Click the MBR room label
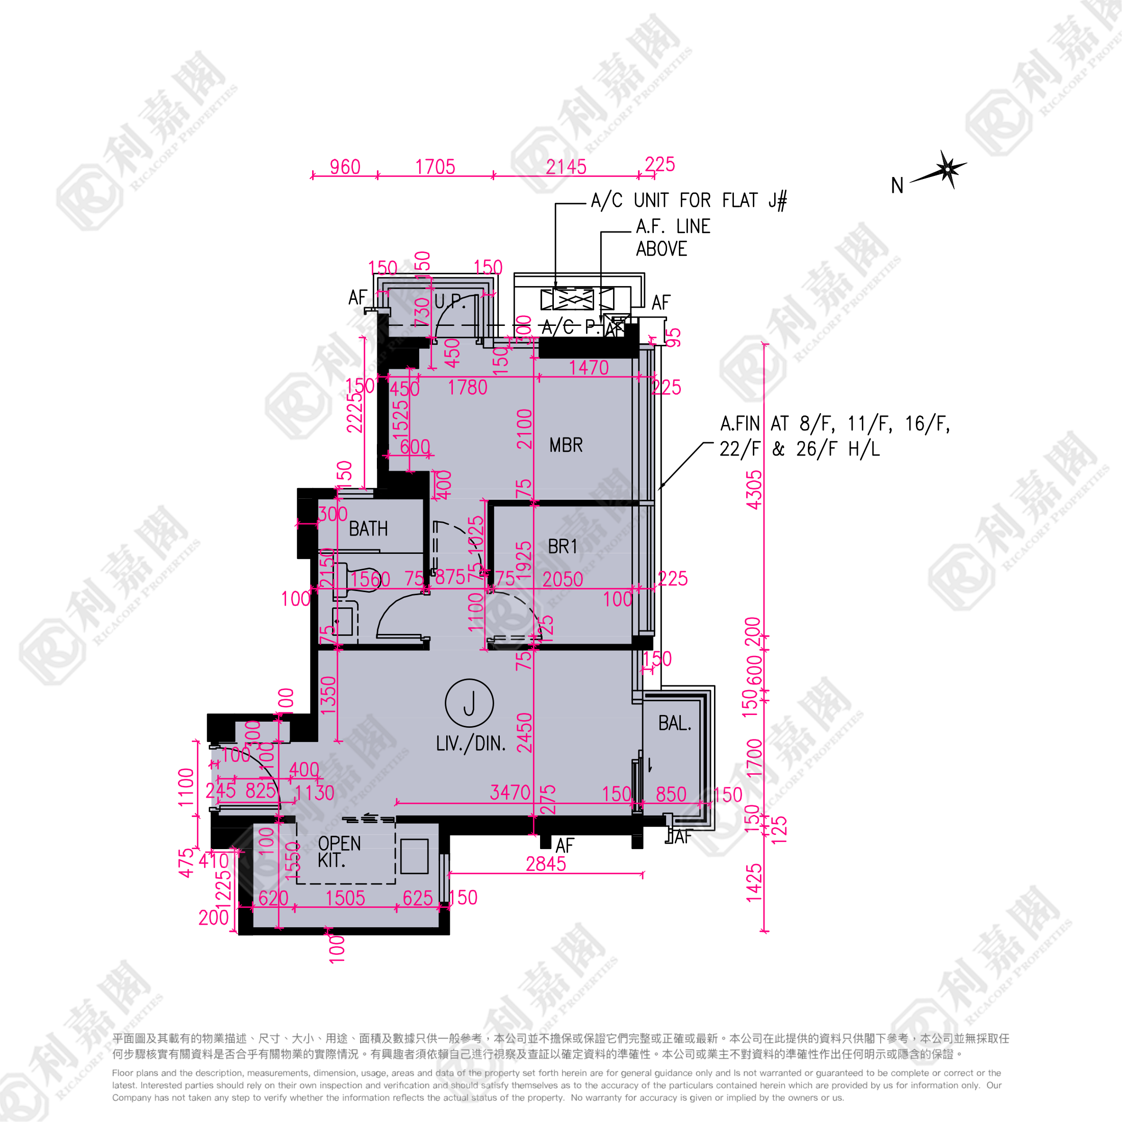[566, 445]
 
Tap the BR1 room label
[562, 547]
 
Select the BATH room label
[368, 529]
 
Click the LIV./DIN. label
[470, 744]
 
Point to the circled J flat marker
[469, 703]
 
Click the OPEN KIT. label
[339, 851]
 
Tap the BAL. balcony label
[674, 723]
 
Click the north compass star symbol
[948, 169]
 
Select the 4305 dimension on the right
[754, 490]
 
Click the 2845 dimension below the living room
[545, 864]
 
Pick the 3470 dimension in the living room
[510, 793]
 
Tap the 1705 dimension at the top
[435, 167]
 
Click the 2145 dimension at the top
[566, 167]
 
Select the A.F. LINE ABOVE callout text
[673, 238]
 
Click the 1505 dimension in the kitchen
[345, 899]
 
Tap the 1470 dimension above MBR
[589, 368]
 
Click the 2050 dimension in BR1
[562, 579]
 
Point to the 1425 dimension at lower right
[754, 883]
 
